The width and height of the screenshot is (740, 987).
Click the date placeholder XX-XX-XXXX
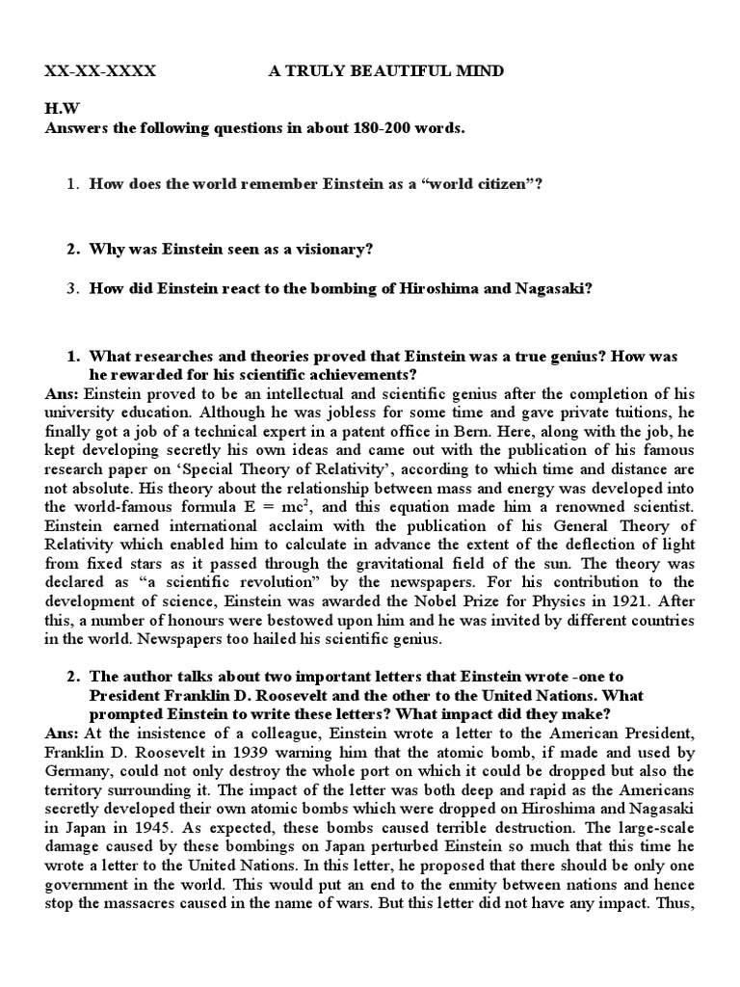click(x=100, y=71)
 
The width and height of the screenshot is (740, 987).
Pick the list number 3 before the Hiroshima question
click(x=71, y=286)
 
